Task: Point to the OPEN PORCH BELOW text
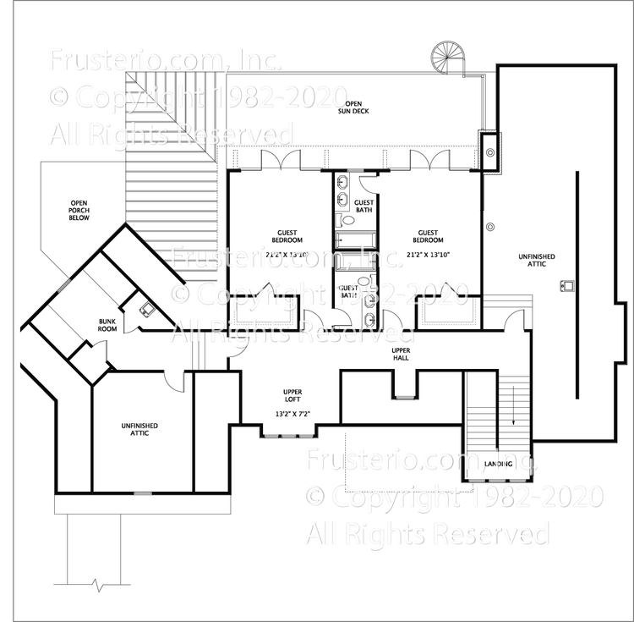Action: tap(79, 210)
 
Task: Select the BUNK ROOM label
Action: tap(107, 324)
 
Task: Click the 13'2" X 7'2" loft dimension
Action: tap(293, 414)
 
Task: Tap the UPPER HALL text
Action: tap(401, 354)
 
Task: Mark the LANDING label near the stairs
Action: tap(498, 465)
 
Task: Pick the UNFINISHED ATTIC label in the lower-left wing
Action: tap(139, 430)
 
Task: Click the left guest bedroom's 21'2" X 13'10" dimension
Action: tap(287, 254)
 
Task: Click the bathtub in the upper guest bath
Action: tap(356, 238)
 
